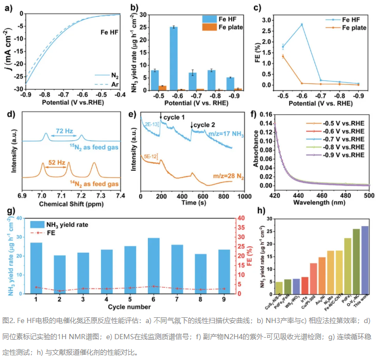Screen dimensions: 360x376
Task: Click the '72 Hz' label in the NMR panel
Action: tap(64, 125)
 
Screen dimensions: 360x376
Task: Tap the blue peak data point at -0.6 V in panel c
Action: tap(302, 24)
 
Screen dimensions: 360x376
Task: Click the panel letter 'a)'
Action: tap(7, 7)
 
